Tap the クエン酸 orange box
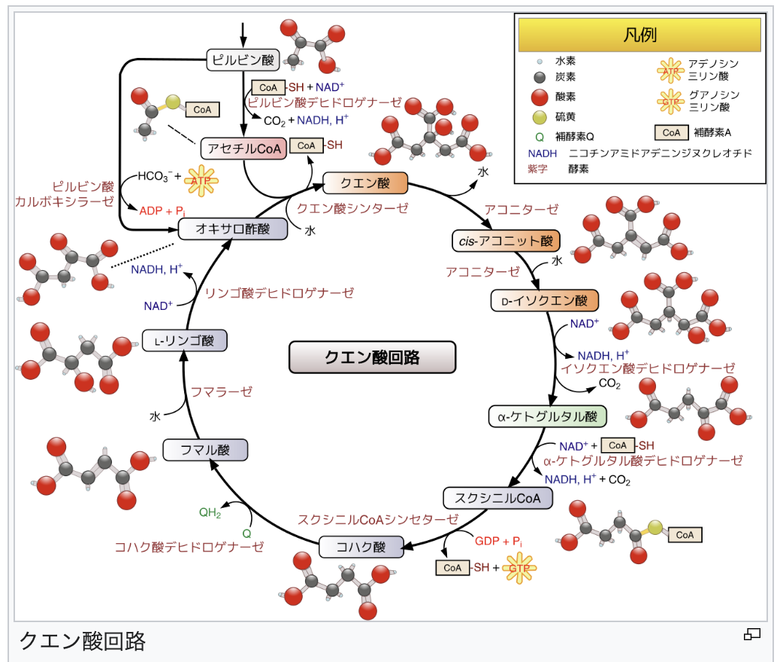tap(364, 183)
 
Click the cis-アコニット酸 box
tap(506, 241)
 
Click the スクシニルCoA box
tap(497, 497)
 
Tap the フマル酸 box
tap(204, 451)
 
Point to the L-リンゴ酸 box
tap(185, 341)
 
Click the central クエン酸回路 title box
tap(372, 357)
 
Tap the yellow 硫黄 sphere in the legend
tap(538, 116)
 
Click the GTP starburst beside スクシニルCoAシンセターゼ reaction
tap(519, 568)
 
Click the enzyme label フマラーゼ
tap(221, 391)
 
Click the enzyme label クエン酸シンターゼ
tap(352, 208)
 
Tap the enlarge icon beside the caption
tap(751, 635)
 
